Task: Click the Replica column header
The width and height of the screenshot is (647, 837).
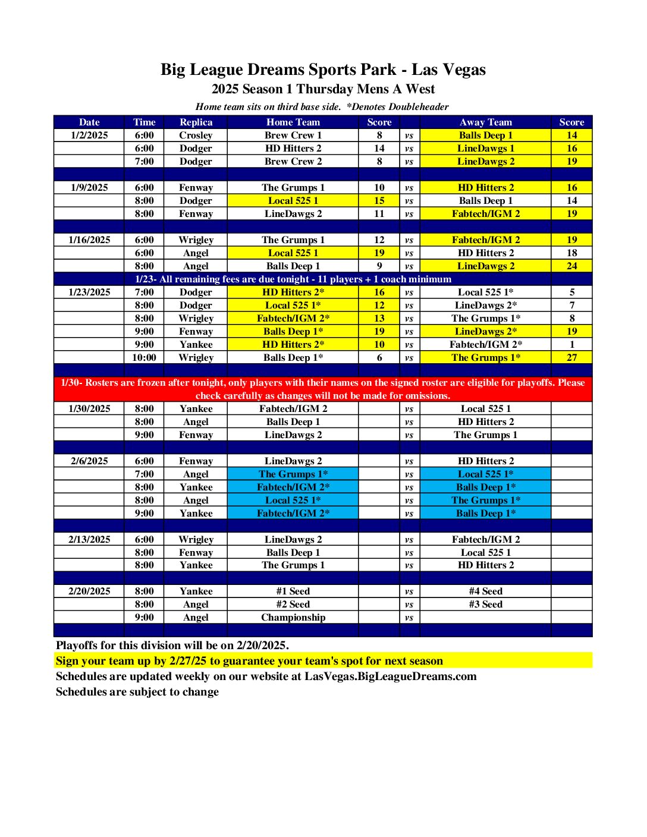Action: coord(196,122)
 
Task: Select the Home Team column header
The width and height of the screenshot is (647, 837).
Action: coord(293,122)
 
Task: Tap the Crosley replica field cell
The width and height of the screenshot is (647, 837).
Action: coord(196,135)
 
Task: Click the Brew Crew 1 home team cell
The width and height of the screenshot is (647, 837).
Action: coord(293,135)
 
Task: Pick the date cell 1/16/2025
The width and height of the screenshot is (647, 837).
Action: coord(89,240)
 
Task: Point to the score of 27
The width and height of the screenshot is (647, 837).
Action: coord(571,357)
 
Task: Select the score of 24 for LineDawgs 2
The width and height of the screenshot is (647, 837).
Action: coord(571,266)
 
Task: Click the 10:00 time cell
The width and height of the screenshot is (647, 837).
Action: coord(144,357)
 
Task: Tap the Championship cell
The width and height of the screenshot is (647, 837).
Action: coord(293,617)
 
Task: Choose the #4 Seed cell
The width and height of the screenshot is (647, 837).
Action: coord(485,591)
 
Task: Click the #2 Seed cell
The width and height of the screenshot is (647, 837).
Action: coord(293,604)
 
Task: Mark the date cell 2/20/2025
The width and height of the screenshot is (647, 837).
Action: coord(89,591)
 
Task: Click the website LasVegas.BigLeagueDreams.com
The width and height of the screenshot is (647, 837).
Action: coord(390,676)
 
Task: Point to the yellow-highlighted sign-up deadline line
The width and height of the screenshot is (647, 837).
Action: coord(249,661)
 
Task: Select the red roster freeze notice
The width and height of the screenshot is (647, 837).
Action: coord(323,389)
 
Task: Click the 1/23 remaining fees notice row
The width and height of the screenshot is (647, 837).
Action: coord(293,279)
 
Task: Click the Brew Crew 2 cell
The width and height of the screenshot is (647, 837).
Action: coord(293,161)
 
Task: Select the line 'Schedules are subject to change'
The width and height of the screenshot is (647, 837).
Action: coord(137,692)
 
